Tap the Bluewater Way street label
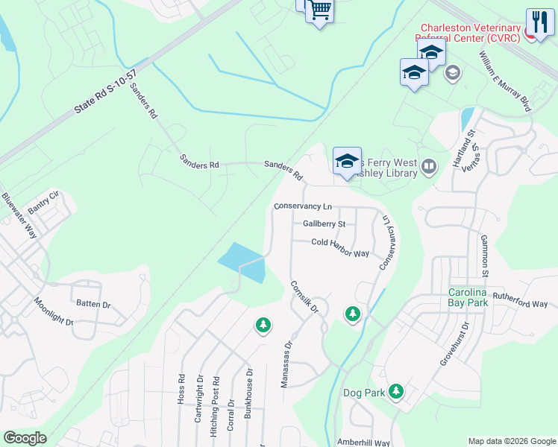pos(19,215)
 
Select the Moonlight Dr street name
pos(53,312)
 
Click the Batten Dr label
pos(93,304)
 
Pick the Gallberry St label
pos(324,223)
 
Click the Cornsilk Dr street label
pos(304,297)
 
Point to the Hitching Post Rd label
pos(216,399)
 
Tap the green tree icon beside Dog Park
pos(396,390)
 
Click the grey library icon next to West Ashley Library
pos(428,166)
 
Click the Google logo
pos(25,438)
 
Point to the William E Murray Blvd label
pos(504,82)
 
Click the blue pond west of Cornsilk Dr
pos(243,262)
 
